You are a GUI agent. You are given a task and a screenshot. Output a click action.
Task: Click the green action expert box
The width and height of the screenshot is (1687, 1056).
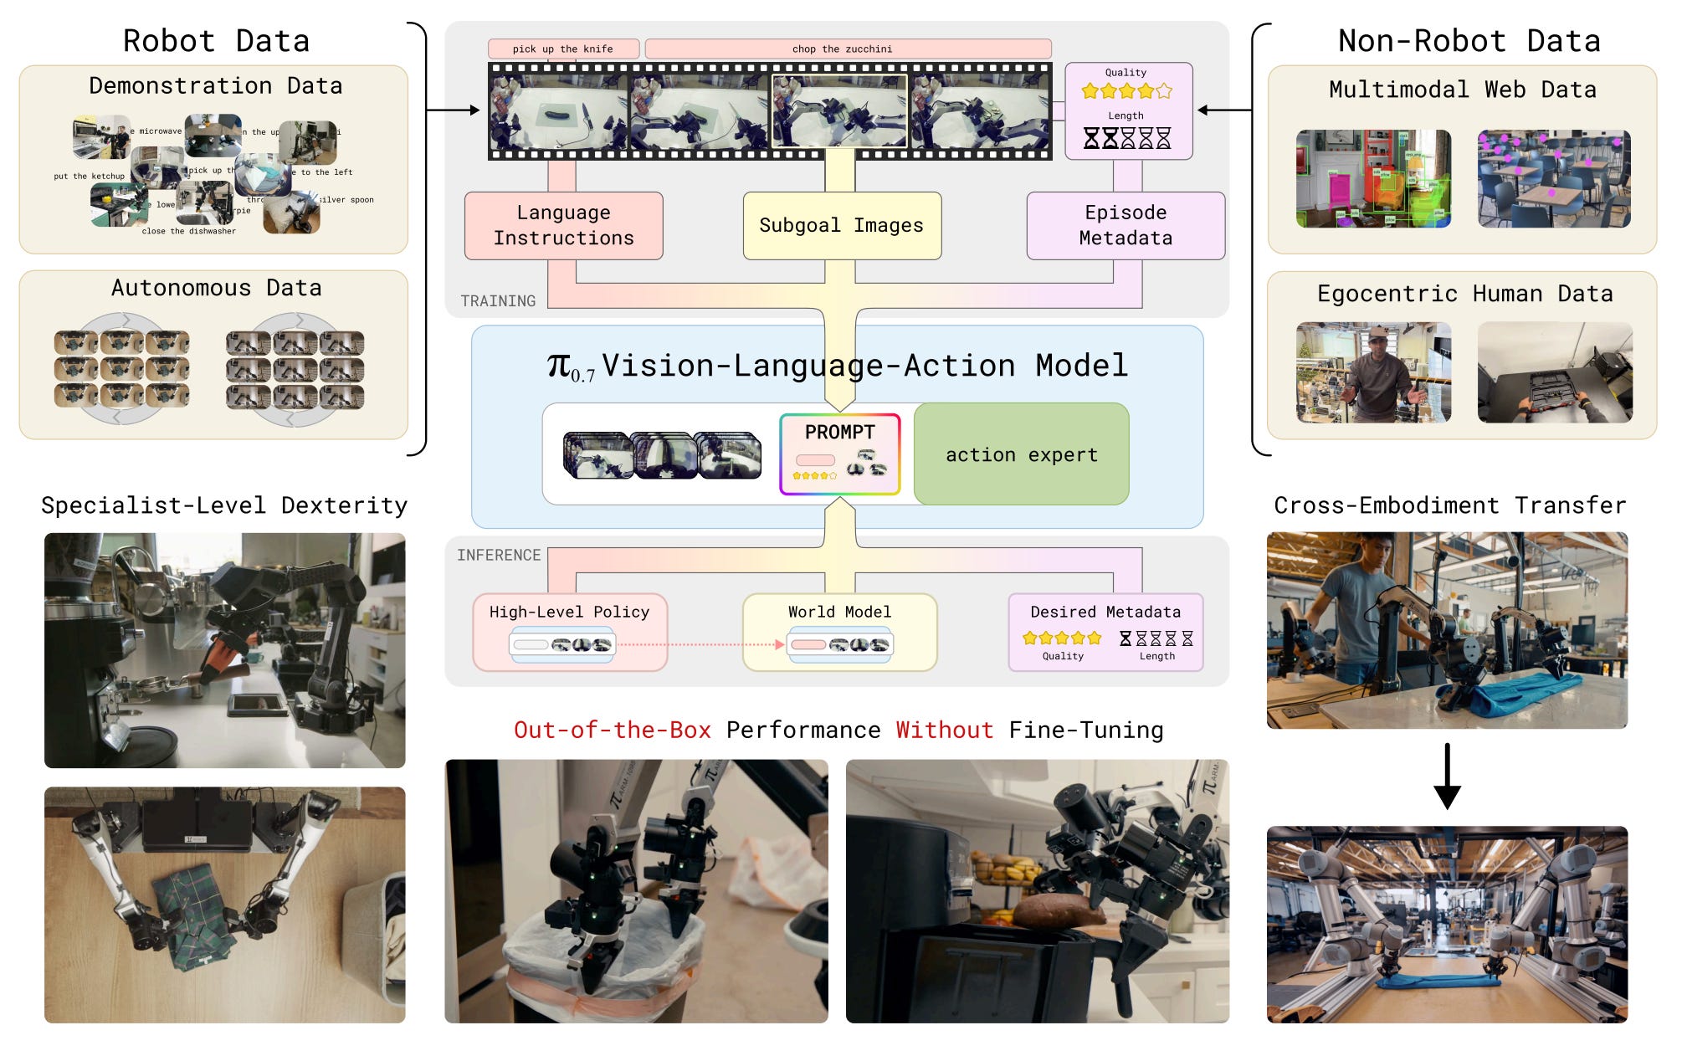(x=1021, y=454)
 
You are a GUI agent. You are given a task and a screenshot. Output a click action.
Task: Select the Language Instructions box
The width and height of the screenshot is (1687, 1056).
(x=563, y=225)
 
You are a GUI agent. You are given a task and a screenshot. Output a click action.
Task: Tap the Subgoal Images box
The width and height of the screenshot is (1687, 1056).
(x=841, y=225)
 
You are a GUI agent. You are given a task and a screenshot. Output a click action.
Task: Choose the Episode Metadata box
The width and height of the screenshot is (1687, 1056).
(x=1126, y=225)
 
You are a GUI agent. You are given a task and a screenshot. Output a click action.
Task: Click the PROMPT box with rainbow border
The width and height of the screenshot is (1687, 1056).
(x=839, y=454)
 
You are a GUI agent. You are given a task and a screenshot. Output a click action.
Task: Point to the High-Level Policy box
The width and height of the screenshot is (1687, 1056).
(x=569, y=631)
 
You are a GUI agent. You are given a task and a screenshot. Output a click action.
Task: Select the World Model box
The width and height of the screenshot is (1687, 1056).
(x=839, y=631)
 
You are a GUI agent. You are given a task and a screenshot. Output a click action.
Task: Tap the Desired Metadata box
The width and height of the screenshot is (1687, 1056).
(x=1105, y=631)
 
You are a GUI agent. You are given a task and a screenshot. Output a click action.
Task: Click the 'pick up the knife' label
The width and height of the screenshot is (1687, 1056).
(x=563, y=49)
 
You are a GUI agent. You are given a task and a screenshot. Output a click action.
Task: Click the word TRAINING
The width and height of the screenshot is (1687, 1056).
(x=498, y=301)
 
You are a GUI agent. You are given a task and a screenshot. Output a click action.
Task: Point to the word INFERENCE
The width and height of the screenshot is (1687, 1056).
(x=499, y=555)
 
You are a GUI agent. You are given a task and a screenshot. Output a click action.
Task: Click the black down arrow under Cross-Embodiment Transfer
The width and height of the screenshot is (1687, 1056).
(x=1447, y=777)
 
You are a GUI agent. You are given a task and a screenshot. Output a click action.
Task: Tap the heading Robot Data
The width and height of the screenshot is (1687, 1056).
(x=216, y=40)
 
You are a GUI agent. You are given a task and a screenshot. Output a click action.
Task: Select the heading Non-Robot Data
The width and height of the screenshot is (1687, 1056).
(x=1469, y=40)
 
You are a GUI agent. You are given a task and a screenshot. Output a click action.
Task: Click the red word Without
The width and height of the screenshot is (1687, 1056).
(x=945, y=730)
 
